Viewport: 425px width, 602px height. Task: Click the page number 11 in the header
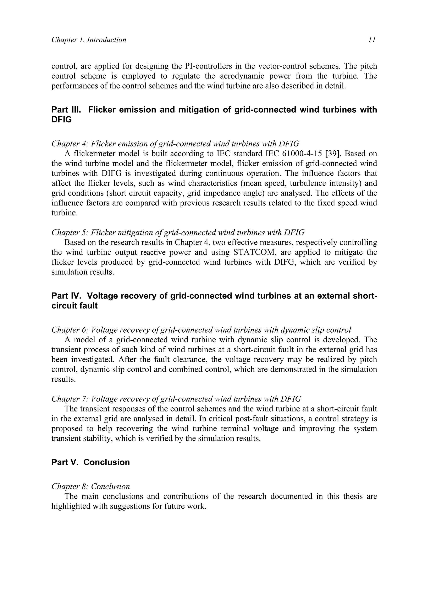[372, 40]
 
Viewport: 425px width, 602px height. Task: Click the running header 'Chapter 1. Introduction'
[89, 40]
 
